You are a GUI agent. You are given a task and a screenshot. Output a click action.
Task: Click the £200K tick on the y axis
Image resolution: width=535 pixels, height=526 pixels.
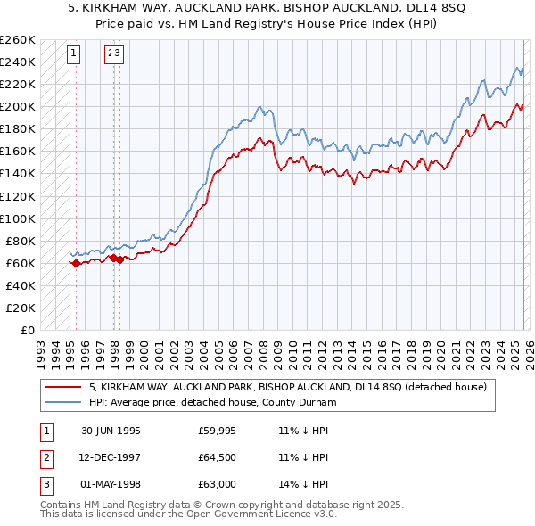click(x=18, y=106)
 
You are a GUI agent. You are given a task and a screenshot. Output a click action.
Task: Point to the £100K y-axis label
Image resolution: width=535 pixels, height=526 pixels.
click(x=18, y=218)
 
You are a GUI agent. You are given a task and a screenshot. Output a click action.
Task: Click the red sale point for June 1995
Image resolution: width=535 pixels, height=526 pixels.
click(x=76, y=263)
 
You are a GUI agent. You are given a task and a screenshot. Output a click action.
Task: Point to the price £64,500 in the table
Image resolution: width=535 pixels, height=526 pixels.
click(x=218, y=457)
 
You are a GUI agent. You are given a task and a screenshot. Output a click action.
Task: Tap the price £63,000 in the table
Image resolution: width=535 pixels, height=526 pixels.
click(x=218, y=485)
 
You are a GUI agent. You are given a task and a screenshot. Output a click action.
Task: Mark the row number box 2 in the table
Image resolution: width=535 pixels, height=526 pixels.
click(x=45, y=457)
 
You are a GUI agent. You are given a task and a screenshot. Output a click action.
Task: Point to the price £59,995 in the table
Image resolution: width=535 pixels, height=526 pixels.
click(x=218, y=430)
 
